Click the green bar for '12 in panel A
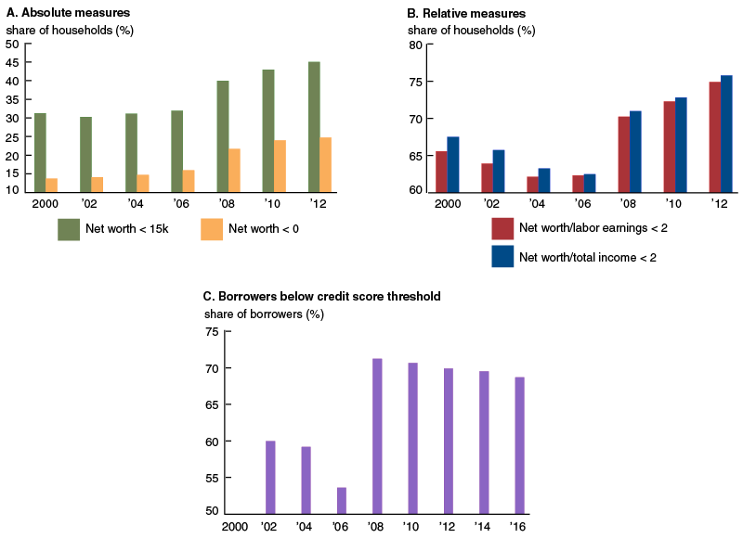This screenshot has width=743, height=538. (314, 127)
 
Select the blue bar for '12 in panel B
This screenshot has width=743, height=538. (725, 134)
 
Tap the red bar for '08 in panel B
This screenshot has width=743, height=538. (623, 154)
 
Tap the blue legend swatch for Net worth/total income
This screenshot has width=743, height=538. (503, 256)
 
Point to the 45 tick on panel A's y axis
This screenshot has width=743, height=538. (13, 62)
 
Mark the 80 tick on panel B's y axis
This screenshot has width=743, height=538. (417, 45)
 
